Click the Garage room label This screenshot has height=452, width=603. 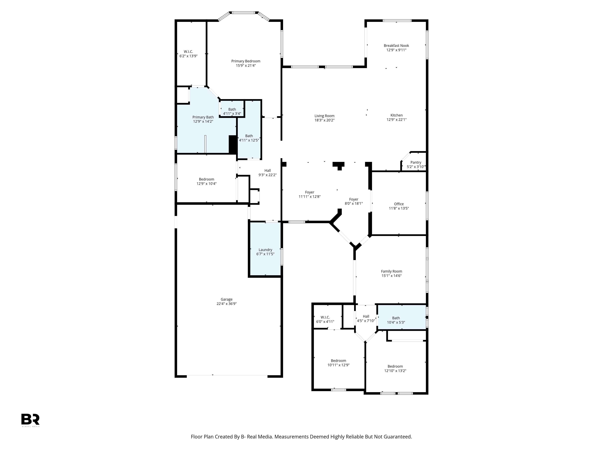click(x=227, y=299)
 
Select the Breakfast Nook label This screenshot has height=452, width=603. click(x=396, y=46)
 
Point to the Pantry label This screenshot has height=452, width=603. click(x=416, y=162)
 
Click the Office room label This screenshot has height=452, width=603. click(x=399, y=204)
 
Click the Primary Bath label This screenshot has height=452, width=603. click(x=203, y=117)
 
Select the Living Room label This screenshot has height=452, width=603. click(x=324, y=116)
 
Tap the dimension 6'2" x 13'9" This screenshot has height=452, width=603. click(x=188, y=56)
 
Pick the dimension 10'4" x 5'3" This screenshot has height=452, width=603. click(x=396, y=322)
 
